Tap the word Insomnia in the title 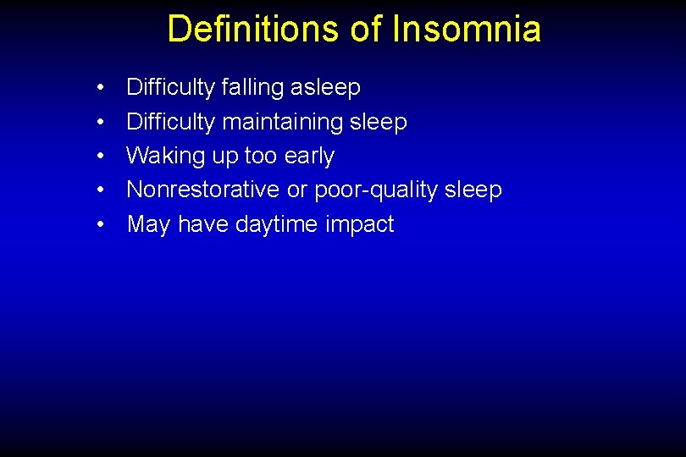tap(467, 29)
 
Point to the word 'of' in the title tap(367, 29)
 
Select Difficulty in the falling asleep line tap(170, 88)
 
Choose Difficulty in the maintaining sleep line tap(170, 122)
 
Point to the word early tap(311, 157)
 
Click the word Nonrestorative tap(203, 190)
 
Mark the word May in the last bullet tap(147, 224)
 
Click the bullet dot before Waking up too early tap(101, 157)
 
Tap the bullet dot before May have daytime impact tap(101, 225)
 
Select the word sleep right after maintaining tap(378, 123)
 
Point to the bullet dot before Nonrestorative tap(101, 190)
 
